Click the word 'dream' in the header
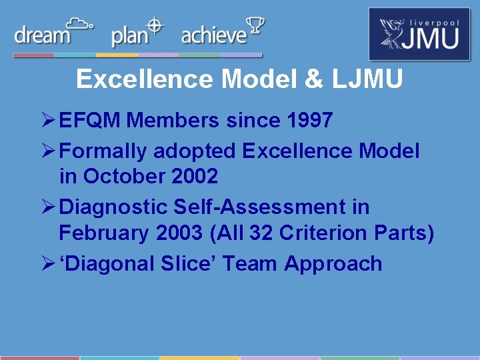click(x=42, y=35)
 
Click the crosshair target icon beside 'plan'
click(x=155, y=25)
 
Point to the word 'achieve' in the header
click(x=213, y=35)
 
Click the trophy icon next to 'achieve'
click(x=255, y=27)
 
